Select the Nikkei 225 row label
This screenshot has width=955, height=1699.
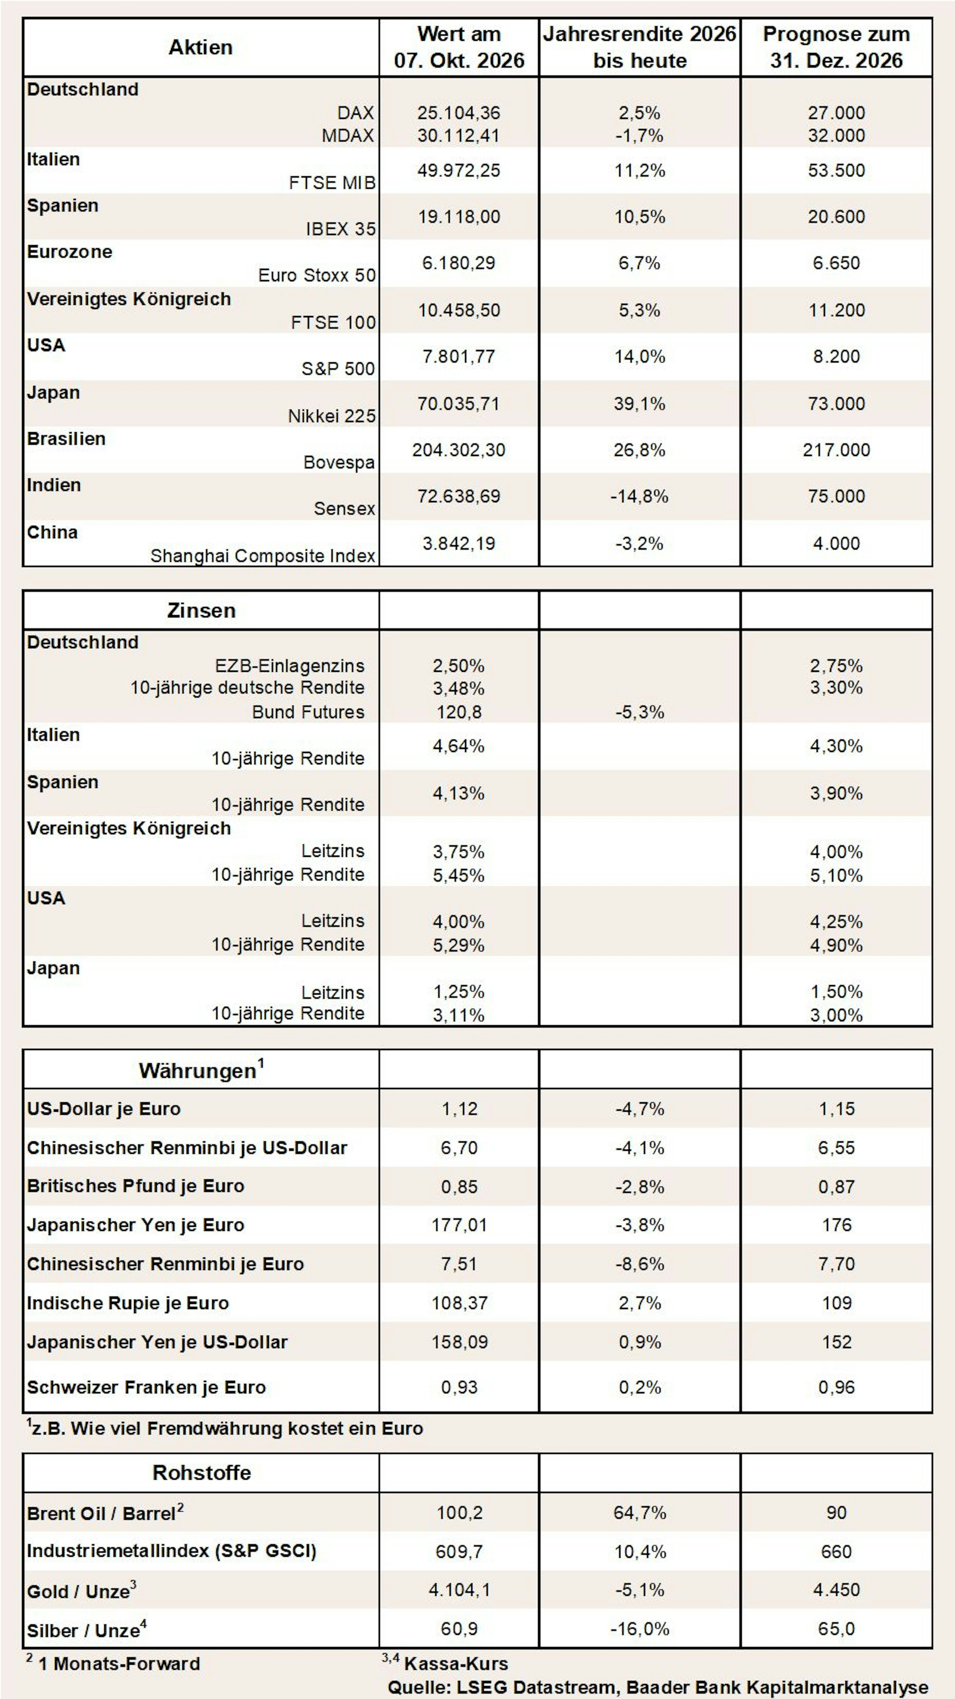(x=332, y=416)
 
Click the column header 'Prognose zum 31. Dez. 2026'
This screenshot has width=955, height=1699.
(x=836, y=47)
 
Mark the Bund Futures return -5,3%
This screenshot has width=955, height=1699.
(x=639, y=712)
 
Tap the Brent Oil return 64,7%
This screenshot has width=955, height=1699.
(x=639, y=1512)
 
